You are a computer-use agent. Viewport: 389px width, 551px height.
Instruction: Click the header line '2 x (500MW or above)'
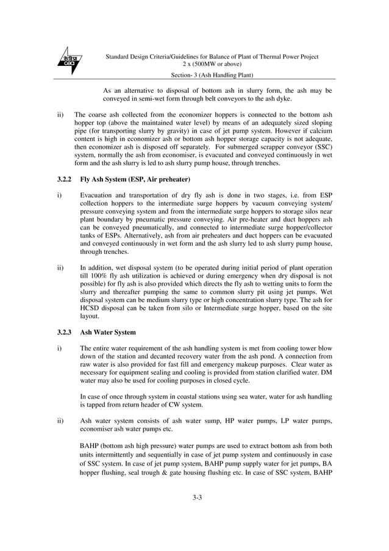coord(212,64)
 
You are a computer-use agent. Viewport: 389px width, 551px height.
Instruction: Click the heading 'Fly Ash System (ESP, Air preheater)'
coord(135,179)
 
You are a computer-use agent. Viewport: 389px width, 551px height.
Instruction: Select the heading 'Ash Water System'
coord(108,333)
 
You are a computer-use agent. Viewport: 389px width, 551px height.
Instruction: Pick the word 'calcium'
coord(319,130)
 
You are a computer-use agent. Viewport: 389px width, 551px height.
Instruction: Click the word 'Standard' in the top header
coord(120,56)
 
